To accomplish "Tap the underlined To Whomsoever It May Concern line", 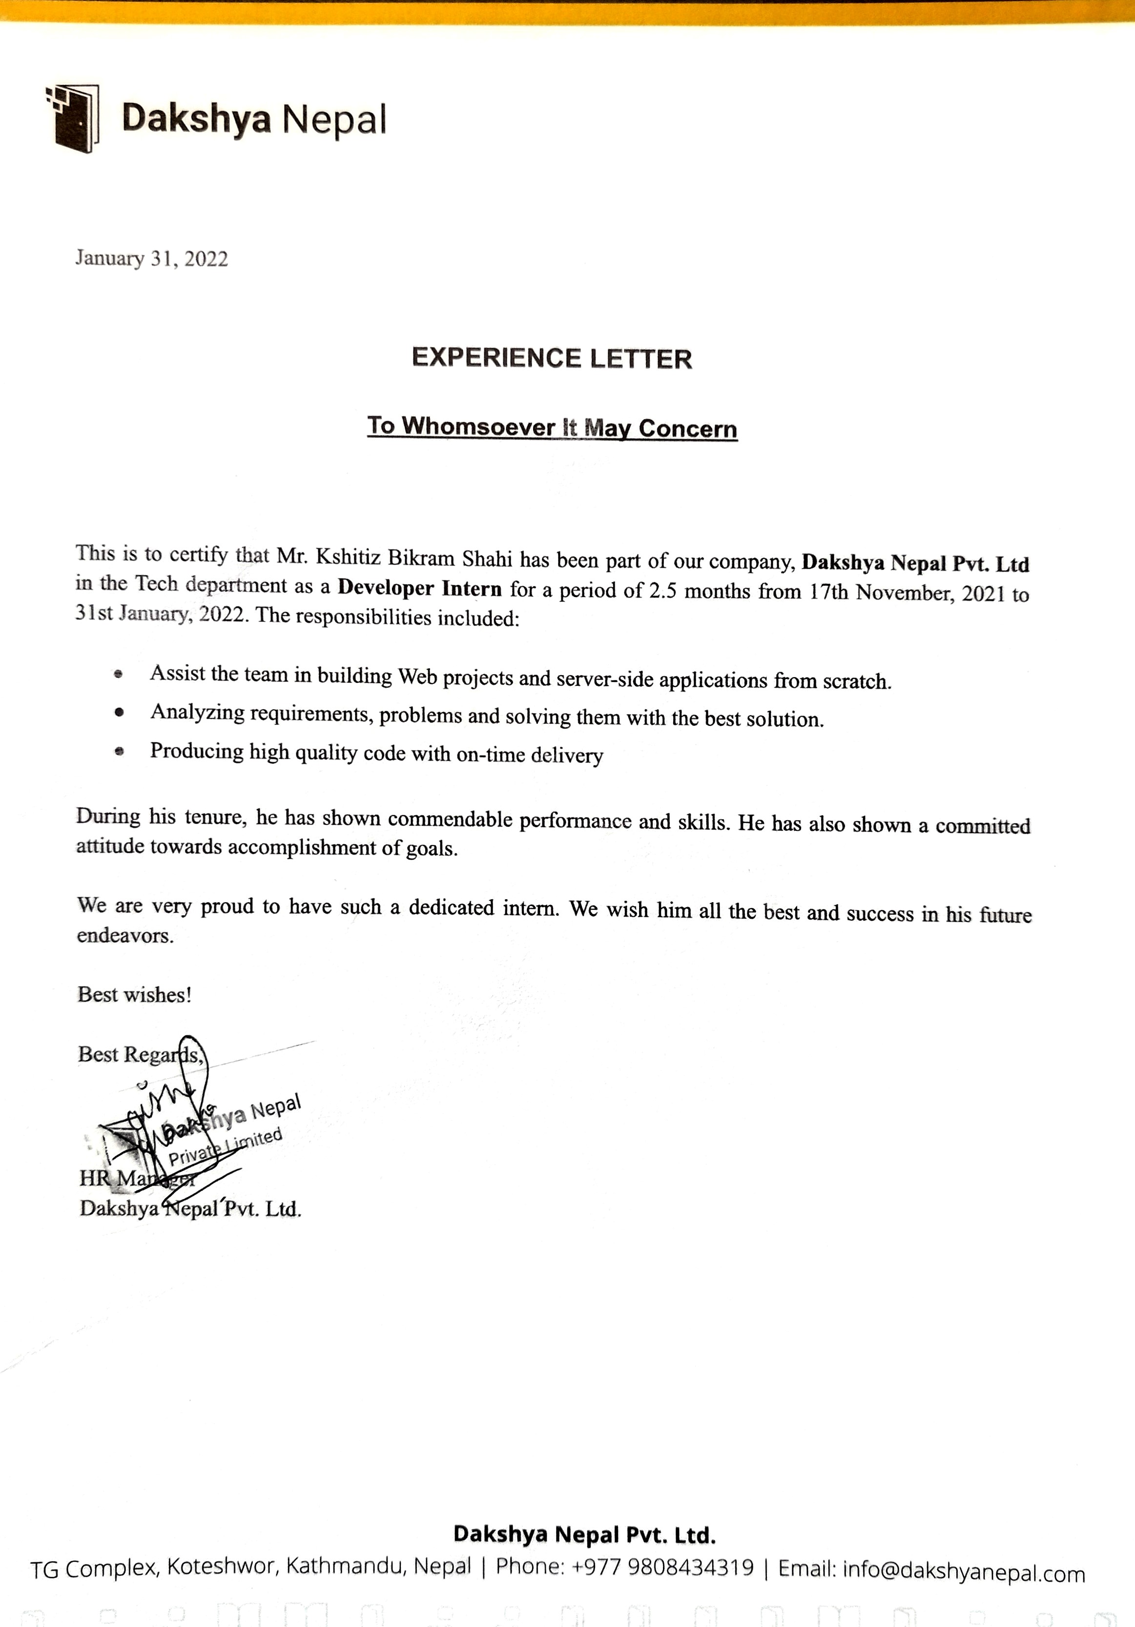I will click(x=552, y=427).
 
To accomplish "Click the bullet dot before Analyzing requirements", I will click(x=119, y=712).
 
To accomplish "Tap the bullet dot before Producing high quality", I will click(x=119, y=750).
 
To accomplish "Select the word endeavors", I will click(x=124, y=935).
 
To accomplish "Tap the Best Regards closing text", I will click(x=140, y=1054).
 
